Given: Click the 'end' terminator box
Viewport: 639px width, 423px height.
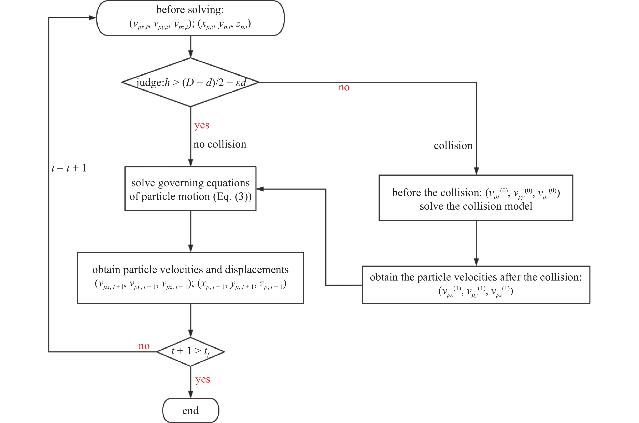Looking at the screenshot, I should click(191, 410).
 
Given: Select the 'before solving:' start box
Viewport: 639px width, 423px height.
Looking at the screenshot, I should click(190, 18).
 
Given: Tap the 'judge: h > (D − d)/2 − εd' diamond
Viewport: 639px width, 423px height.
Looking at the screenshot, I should click(191, 82).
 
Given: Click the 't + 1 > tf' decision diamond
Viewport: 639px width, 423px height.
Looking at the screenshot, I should click(191, 351).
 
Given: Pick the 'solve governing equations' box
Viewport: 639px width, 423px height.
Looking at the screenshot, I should click(191, 189).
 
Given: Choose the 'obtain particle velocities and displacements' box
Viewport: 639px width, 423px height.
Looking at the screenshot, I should click(191, 278).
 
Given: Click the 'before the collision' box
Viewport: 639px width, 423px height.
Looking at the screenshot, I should click(476, 198).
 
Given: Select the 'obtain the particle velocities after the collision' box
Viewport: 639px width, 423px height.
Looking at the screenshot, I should click(476, 285).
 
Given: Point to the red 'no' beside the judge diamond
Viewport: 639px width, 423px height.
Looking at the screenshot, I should click(344, 87).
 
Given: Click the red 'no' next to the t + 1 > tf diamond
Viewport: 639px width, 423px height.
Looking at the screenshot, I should click(144, 346).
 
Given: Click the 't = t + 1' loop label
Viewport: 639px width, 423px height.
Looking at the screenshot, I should click(69, 168).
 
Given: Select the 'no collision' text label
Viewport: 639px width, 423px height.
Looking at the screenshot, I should click(220, 144).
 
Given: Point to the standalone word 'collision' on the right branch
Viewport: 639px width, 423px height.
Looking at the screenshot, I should click(453, 146).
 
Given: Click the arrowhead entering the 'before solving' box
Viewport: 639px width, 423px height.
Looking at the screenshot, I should click(93, 18).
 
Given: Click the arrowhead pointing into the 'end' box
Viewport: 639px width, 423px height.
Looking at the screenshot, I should click(191, 394).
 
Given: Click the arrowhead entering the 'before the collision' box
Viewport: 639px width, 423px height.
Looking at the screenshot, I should click(476, 171).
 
